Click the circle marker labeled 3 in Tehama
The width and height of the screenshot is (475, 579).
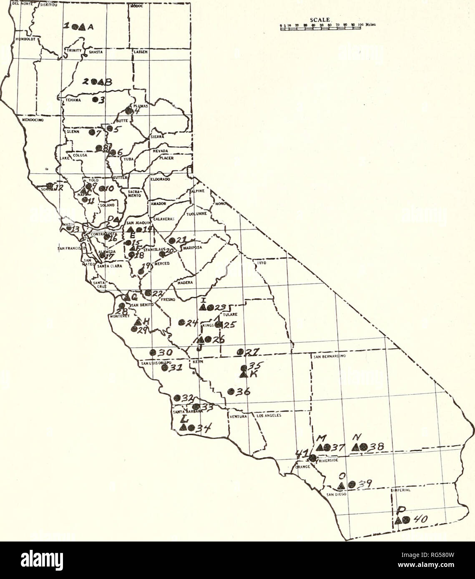click(x=95, y=100)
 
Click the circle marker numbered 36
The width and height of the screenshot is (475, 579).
click(x=230, y=391)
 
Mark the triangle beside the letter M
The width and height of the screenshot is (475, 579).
click(x=320, y=448)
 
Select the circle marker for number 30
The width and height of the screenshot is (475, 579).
click(x=153, y=352)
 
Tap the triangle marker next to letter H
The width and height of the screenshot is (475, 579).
click(x=138, y=322)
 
